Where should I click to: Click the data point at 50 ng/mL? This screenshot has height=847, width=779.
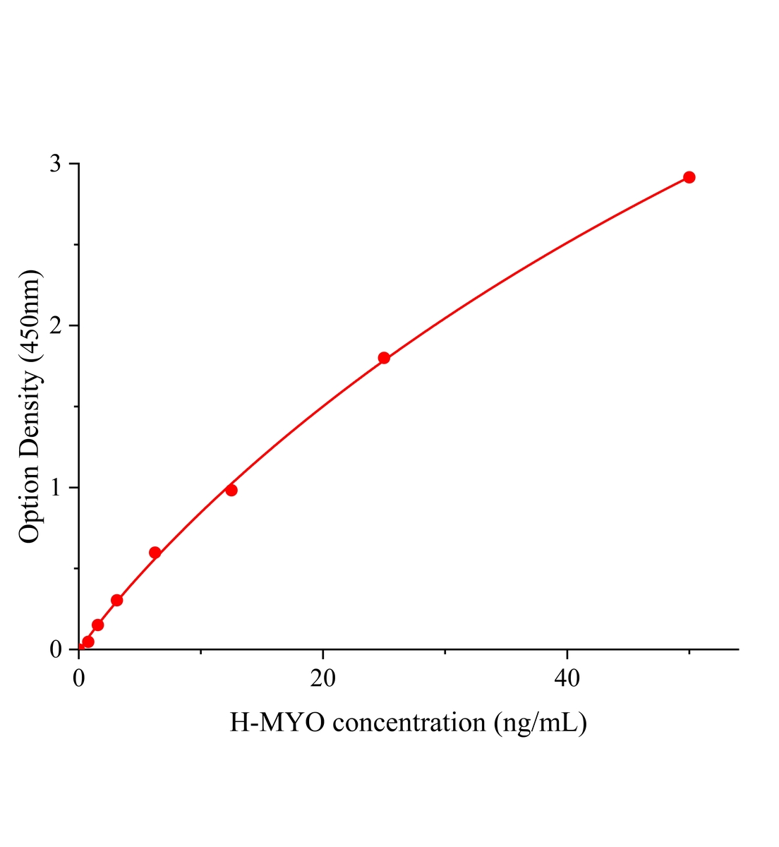689,177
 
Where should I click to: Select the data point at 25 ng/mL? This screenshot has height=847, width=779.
384,358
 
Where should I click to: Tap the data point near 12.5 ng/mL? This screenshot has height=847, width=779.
231,490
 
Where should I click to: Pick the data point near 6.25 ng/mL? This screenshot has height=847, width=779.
155,553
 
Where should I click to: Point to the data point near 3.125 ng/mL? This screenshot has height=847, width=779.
117,600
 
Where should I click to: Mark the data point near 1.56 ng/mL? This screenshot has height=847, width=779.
98,625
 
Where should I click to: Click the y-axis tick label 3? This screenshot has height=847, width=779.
56,164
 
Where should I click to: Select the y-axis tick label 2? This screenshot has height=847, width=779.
56,325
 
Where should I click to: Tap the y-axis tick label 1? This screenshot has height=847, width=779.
56,488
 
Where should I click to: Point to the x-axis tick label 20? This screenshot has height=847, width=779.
322,678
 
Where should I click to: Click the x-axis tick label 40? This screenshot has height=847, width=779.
567,678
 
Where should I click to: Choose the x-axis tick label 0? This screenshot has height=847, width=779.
78,678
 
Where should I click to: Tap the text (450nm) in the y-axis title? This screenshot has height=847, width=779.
30,313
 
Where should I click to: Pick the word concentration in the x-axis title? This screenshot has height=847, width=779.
409,723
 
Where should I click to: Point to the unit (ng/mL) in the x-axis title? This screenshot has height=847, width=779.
541,723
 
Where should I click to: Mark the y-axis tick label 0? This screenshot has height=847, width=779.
56,649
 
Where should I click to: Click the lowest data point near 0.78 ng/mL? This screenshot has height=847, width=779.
88,642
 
